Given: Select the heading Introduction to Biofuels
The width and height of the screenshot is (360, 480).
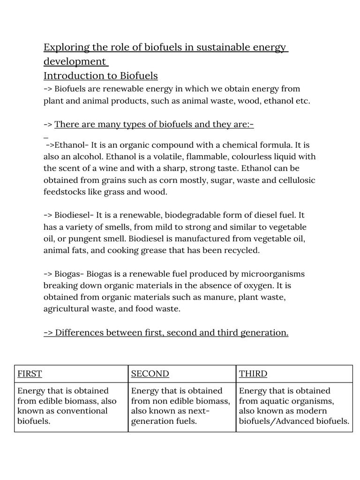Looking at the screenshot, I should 101,76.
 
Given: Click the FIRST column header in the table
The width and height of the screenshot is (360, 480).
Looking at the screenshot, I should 30,374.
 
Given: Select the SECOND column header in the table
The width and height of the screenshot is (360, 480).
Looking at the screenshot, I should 150,374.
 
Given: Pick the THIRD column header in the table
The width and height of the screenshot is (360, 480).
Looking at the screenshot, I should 253,374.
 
